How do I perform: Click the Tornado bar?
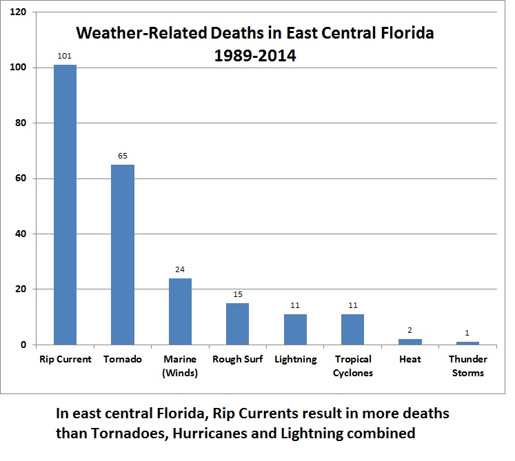(123, 254)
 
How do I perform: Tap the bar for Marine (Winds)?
(180, 311)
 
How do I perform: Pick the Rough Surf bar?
(237, 324)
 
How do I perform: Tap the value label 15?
(237, 295)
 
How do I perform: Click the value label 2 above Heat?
(410, 331)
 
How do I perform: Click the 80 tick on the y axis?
(21, 123)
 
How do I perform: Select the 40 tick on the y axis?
(21, 234)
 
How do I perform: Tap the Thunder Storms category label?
(467, 366)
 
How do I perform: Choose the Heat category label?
(410, 359)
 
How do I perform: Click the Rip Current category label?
(65, 359)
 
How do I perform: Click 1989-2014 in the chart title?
(255, 57)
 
